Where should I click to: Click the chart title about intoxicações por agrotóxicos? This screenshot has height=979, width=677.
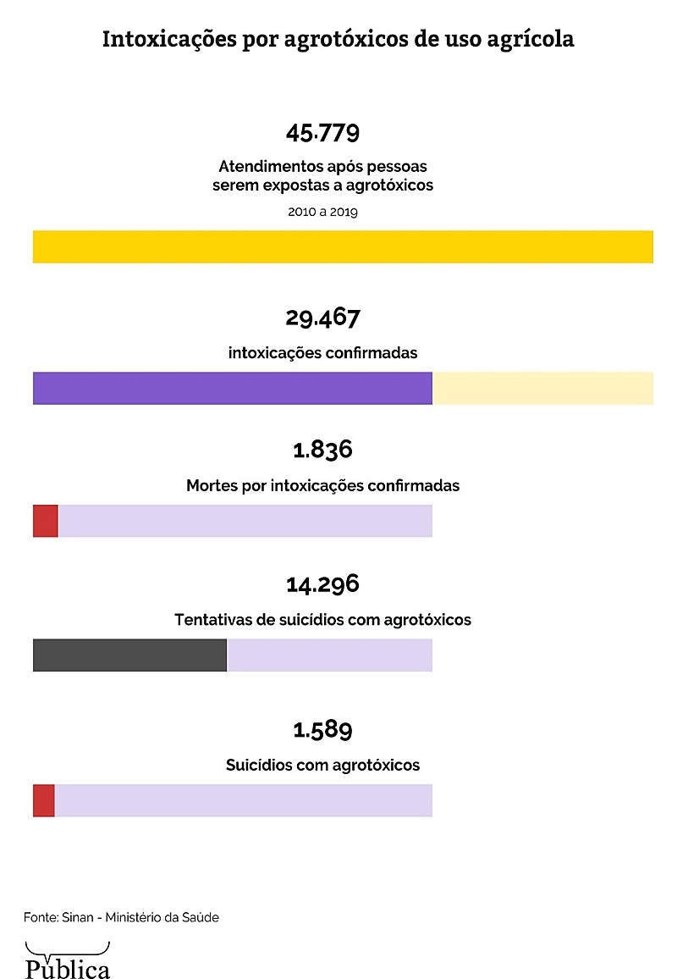click(x=338, y=40)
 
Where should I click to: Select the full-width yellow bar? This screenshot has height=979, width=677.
click(x=343, y=246)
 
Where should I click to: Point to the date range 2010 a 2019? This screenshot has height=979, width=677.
click(x=322, y=212)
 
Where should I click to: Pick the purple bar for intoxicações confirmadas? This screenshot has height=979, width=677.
click(x=233, y=388)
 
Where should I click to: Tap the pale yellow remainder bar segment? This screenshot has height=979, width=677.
click(x=542, y=388)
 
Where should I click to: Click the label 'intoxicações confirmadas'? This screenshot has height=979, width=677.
click(x=322, y=353)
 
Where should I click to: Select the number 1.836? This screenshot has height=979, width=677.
click(x=322, y=450)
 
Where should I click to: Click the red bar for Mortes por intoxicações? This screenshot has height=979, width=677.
click(x=45, y=521)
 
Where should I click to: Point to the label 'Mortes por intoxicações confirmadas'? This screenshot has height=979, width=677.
click(x=322, y=486)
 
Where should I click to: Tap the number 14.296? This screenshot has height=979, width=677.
click(x=322, y=584)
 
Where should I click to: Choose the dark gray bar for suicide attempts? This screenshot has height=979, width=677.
click(x=129, y=655)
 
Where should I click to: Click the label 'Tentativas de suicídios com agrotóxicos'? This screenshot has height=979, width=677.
click(x=322, y=620)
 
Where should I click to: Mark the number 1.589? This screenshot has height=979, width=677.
click(x=322, y=729)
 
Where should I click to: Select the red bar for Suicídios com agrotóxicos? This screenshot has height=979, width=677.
click(x=43, y=800)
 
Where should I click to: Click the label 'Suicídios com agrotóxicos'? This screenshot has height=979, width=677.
click(x=322, y=766)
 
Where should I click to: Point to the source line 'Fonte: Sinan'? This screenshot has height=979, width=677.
click(x=121, y=917)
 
